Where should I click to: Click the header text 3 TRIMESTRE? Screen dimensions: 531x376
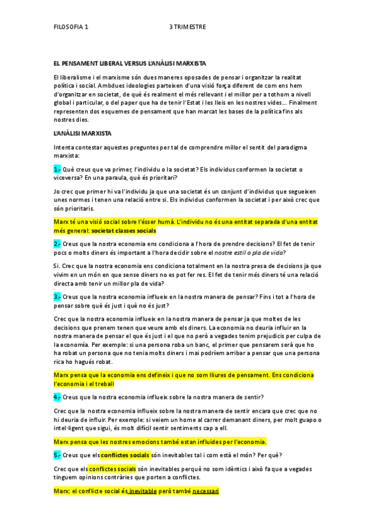tap(187, 28)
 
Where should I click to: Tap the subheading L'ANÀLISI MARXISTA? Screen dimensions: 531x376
tap(82, 133)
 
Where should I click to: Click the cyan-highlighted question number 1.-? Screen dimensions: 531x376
tap(57, 169)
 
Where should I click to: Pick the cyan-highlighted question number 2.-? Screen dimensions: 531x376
tap(57, 244)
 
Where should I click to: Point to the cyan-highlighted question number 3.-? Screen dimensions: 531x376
tap(57, 296)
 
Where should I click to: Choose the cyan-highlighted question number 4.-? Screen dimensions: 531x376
tap(57, 396)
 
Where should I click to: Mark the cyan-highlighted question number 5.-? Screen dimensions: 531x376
tap(57, 455)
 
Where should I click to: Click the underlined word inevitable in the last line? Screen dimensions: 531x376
tap(142, 492)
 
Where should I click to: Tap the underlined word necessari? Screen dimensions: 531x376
tap(206, 492)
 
